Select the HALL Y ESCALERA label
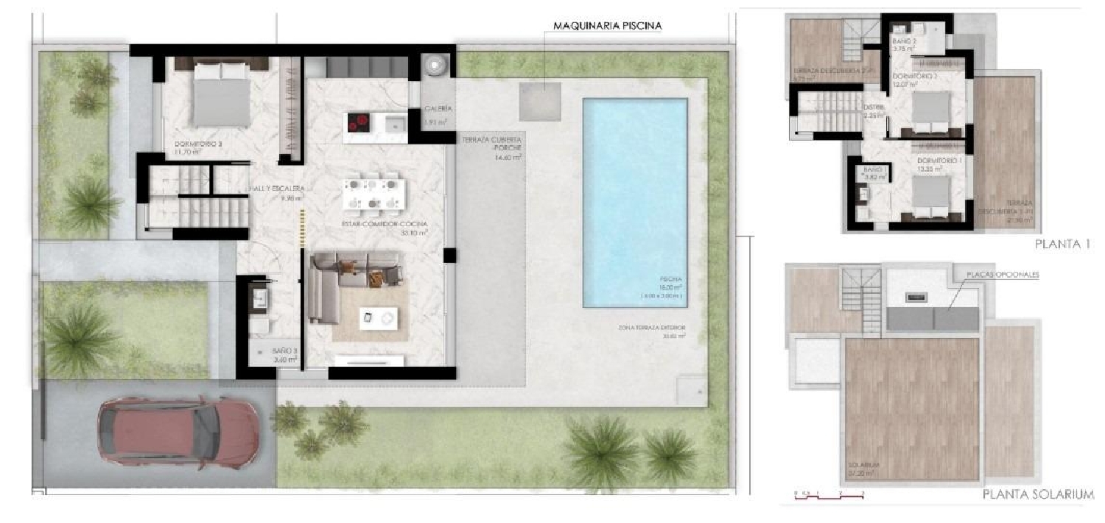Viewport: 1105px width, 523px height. pos(276,189)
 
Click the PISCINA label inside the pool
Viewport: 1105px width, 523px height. pos(671,280)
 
